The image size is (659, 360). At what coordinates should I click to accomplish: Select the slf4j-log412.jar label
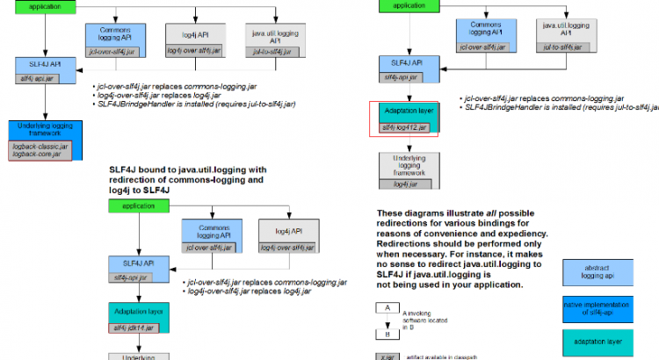point(403,128)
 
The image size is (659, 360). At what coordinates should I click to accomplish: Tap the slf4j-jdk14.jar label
point(133,328)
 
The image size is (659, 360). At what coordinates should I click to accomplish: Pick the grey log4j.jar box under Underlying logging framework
point(403,184)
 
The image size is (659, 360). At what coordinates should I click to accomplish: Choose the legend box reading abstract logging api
point(602,270)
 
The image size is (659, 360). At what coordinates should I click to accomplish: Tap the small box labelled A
point(387,308)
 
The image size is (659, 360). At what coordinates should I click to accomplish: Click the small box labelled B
point(387,335)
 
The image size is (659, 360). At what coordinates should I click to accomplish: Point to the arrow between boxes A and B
point(387,321)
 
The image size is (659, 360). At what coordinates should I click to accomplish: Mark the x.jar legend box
point(387,356)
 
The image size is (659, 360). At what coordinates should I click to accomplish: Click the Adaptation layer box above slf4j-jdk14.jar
point(133,310)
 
